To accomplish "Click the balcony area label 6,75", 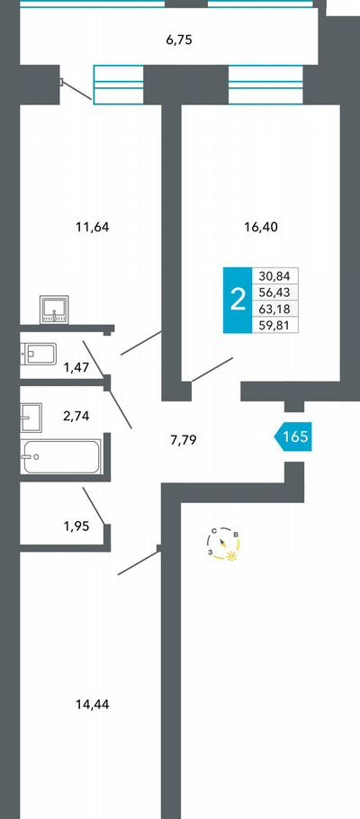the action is [180, 40].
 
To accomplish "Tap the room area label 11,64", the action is [93, 227].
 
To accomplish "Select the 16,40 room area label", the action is [261, 227].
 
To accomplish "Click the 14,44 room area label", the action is [93, 704].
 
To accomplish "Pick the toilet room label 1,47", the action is [76, 367].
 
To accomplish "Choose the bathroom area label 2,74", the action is [76, 417].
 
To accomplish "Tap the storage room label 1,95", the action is [76, 526].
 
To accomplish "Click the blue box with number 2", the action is [238, 301].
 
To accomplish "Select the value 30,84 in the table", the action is [274, 276].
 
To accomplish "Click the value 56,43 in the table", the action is [274, 292].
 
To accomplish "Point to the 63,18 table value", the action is [274, 308].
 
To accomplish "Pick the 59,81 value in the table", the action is [274, 325].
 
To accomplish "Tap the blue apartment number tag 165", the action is [292, 436].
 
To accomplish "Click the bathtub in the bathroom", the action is [60, 456].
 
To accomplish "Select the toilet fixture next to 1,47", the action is [38, 354].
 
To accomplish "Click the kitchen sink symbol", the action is [54, 310].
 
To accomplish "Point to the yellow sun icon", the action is [231, 557].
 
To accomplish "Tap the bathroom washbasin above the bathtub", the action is [31, 417].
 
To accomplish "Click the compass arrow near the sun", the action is [223, 542].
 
